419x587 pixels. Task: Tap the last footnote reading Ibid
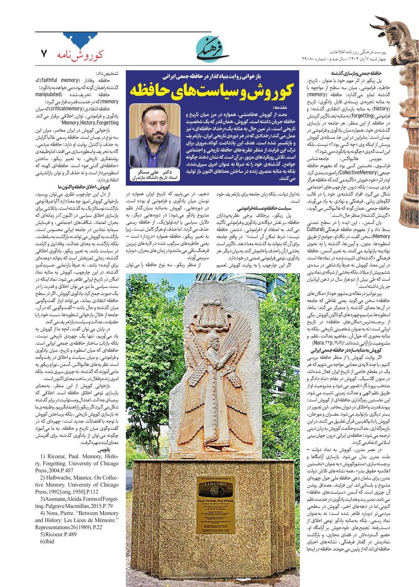[x=47, y=541]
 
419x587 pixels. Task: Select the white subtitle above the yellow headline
[x=212, y=77]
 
